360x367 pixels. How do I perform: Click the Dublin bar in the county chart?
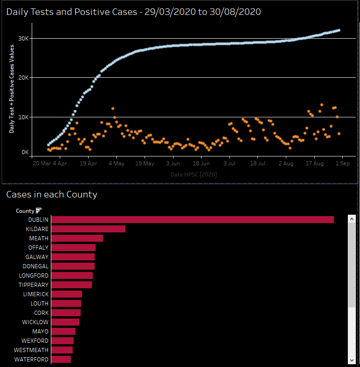pyautogui.click(x=192, y=219)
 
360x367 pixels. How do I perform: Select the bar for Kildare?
pyautogui.click(x=88, y=229)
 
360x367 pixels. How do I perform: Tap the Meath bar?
pyautogui.click(x=77, y=238)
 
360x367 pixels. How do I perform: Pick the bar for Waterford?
pyautogui.click(x=61, y=359)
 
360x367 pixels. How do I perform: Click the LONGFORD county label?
pyautogui.click(x=34, y=275)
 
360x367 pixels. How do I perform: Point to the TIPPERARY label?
pyautogui.click(x=34, y=285)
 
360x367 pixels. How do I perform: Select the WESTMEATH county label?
pyautogui.click(x=31, y=350)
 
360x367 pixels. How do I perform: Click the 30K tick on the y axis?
pyautogui.click(x=23, y=38)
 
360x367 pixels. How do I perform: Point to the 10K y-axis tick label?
pyautogui.click(x=23, y=117)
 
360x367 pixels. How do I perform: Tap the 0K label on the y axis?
pyautogui.click(x=25, y=152)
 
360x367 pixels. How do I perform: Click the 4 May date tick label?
pyautogui.click(x=116, y=163)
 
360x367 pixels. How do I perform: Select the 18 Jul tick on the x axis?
pyautogui.click(x=257, y=163)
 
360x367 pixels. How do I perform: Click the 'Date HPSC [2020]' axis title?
pyautogui.click(x=194, y=174)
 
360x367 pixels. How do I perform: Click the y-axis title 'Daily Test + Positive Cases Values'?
pyautogui.click(x=12, y=95)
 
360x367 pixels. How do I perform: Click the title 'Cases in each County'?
pyautogui.click(x=52, y=194)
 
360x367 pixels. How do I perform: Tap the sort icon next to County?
pyautogui.click(x=39, y=211)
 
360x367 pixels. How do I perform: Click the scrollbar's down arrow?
pyautogui.click(x=352, y=360)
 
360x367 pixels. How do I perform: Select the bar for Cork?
pyautogui.click(x=66, y=313)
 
